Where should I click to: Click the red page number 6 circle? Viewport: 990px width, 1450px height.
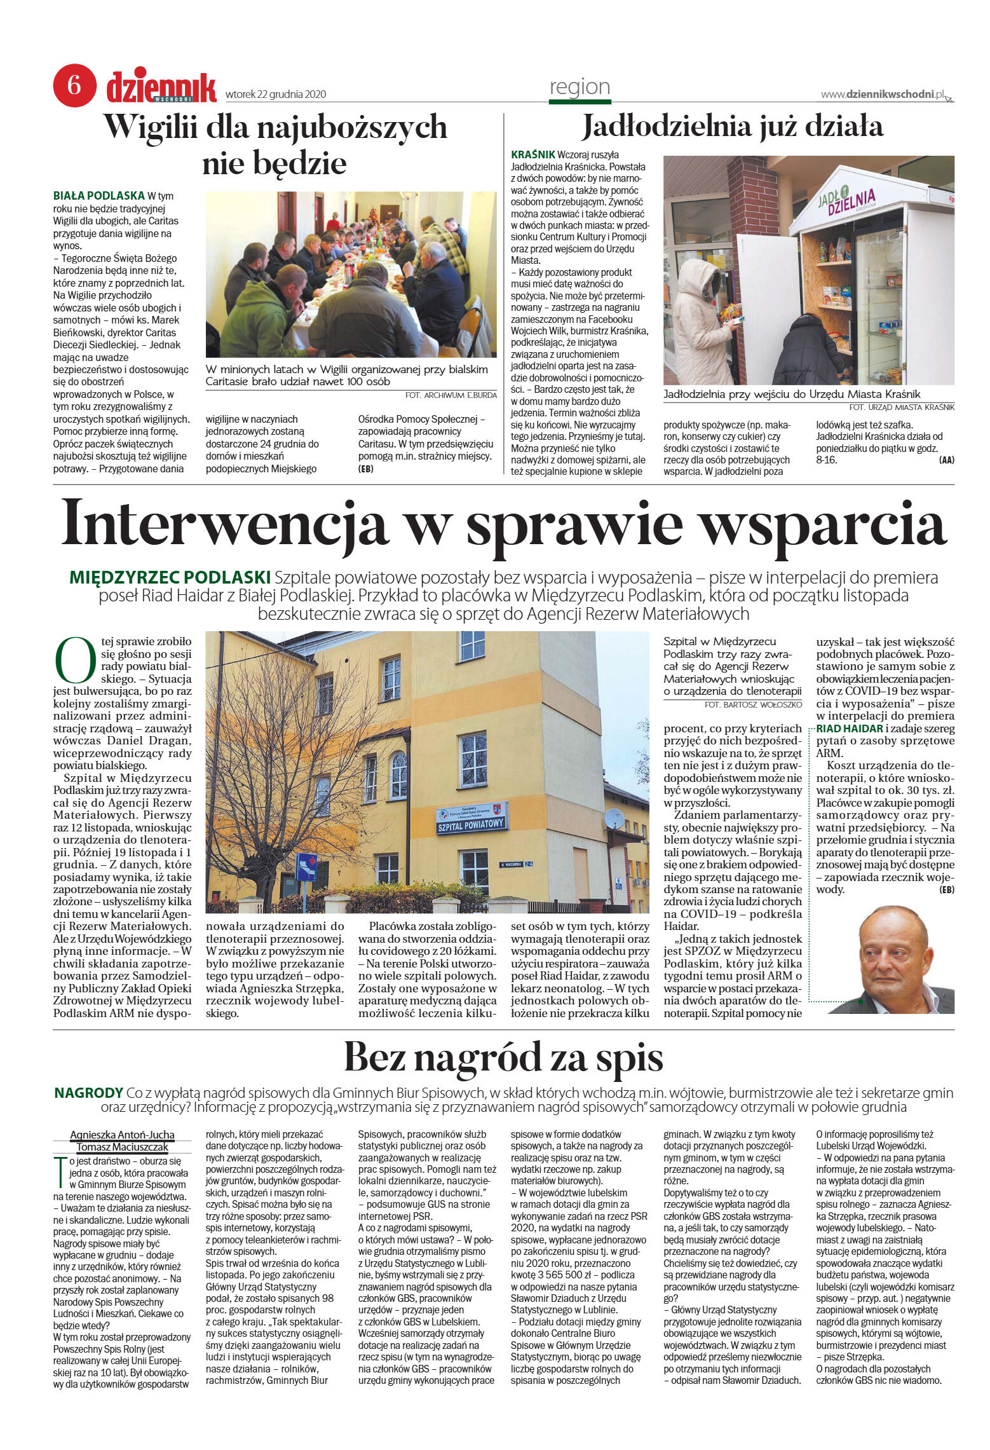[x=74, y=85]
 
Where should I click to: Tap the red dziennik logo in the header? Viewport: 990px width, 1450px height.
[x=161, y=88]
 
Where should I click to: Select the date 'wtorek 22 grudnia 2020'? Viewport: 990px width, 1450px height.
[x=276, y=95]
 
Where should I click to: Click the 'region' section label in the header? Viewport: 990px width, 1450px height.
[x=580, y=87]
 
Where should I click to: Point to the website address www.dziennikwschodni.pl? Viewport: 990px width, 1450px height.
[x=883, y=94]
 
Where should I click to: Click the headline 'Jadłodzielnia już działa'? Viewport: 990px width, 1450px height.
[x=733, y=126]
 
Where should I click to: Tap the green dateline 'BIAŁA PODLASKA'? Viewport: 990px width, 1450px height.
[x=98, y=196]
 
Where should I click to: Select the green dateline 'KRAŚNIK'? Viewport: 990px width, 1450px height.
[x=532, y=154]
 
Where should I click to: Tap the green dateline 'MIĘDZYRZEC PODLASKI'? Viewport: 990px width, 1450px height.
[x=170, y=577]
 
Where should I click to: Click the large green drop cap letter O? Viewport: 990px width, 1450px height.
[x=76, y=659]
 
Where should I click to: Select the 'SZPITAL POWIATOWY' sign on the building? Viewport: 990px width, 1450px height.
[x=471, y=824]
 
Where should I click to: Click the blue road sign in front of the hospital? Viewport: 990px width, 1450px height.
[x=306, y=866]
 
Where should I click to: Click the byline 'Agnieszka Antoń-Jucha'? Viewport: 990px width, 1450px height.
[x=122, y=1135]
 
